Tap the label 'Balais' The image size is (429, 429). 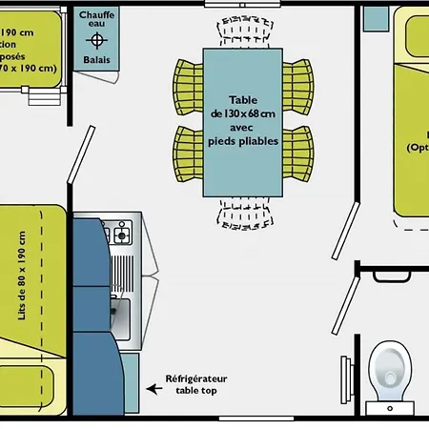pos(95,60)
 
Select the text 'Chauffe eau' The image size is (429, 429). pos(95,20)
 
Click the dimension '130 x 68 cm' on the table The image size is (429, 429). pos(243,113)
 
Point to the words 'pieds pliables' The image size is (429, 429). pos(243,141)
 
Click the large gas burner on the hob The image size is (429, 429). pos(121,234)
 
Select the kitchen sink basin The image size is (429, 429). pos(121,312)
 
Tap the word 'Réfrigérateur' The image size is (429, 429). pos(196,378)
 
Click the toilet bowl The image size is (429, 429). pos(389,366)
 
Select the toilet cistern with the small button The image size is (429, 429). pos(391,406)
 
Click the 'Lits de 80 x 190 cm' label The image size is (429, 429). pos(23,276)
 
